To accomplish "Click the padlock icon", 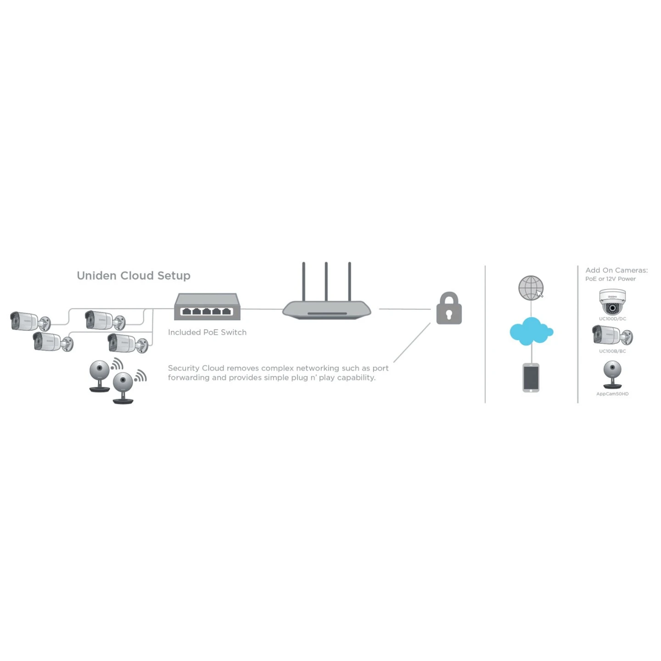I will coord(448,309).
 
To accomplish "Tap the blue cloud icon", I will coord(531,331).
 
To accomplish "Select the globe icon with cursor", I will coord(531,288).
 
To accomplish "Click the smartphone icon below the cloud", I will coord(531,378).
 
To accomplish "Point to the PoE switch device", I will coord(207,307).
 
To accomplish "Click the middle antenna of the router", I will coord(326,281).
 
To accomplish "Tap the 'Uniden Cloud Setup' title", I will coord(134,275).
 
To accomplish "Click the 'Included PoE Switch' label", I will coord(207,332).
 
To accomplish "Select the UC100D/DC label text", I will coord(612,319).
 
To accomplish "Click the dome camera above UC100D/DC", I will coord(612,302).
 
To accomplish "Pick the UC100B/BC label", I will coord(612,351).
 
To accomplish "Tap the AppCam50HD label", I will coord(612,394).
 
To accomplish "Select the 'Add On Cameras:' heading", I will coord(616,270).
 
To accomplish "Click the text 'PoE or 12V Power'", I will coord(611,279).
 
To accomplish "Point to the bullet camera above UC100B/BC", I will coord(612,336).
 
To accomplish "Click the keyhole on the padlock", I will coord(449,314).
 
